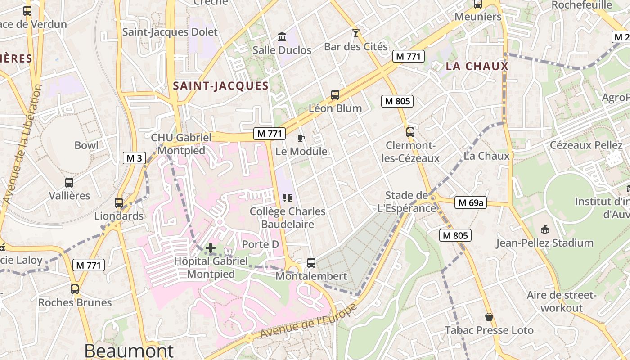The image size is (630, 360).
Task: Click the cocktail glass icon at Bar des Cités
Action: click(356, 33)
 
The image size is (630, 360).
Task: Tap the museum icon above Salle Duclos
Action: click(282, 36)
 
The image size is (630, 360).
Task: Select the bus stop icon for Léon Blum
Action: click(335, 95)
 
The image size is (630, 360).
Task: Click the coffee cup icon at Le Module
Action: click(301, 138)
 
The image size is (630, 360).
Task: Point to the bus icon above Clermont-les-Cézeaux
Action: click(410, 132)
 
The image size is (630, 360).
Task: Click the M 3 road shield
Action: click(134, 158)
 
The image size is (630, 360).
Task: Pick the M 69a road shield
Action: click(471, 203)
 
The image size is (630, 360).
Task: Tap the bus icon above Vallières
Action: click(69, 183)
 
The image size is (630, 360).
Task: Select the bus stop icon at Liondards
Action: click(119, 203)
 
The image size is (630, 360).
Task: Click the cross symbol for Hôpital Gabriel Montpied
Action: click(210, 247)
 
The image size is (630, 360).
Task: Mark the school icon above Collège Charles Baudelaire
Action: click(288, 198)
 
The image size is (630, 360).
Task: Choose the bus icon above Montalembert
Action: click(311, 263)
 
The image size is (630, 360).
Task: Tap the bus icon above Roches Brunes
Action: click(75, 289)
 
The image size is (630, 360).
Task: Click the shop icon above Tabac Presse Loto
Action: click(489, 317)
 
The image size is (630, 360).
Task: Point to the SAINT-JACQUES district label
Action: click(220, 86)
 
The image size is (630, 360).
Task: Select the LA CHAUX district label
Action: click(477, 67)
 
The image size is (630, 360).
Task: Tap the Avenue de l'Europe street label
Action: click(309, 320)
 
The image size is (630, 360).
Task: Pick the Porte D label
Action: click(261, 244)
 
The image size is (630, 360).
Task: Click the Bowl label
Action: click(86, 145)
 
